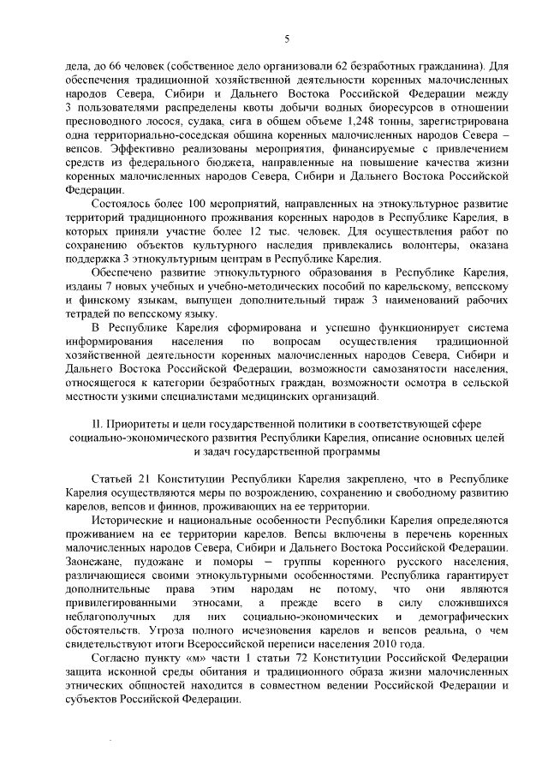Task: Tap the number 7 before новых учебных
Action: pyautogui.click(x=104, y=288)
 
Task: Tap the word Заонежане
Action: pyautogui.click(x=95, y=560)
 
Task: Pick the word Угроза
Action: pyautogui.click(x=163, y=629)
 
